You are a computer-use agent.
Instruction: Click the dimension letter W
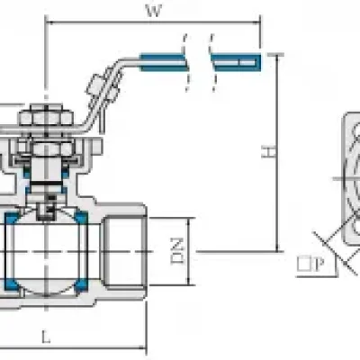click(154, 11)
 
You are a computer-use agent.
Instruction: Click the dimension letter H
click(268, 152)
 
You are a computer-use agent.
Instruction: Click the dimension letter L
click(46, 337)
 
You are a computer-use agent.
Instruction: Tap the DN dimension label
click(177, 251)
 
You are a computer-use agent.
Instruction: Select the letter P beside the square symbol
click(319, 265)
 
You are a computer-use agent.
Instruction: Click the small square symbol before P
click(304, 265)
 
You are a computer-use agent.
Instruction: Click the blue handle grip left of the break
click(163, 62)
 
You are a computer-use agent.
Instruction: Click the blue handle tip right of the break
click(237, 62)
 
